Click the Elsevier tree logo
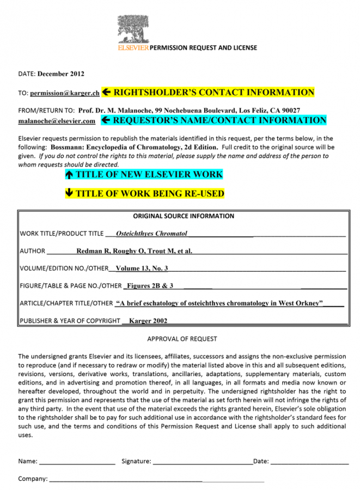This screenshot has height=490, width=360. tap(132, 28)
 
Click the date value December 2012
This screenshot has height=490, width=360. tap(60, 73)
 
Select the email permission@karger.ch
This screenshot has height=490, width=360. tap(64, 93)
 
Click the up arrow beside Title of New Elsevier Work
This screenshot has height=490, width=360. tap(69, 175)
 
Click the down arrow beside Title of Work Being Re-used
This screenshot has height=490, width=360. tap(69, 193)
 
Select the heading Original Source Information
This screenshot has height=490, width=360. tap(184, 216)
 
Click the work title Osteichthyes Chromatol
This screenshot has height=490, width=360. tap(151, 234)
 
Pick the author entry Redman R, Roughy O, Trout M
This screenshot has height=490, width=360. tap(134, 251)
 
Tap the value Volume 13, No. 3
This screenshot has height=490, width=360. tap(142, 268)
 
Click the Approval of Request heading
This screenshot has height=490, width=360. tap(182, 339)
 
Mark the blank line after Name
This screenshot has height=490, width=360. tap(77, 462)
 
